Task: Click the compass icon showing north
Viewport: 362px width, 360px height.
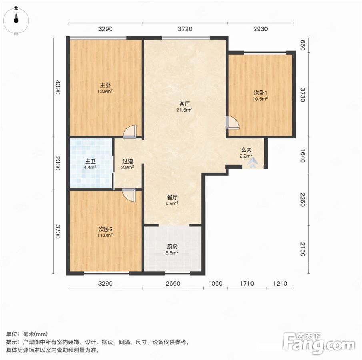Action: [x=16, y=20]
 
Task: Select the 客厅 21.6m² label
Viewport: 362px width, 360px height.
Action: [x=184, y=106]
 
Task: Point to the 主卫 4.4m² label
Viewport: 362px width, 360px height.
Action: [x=90, y=164]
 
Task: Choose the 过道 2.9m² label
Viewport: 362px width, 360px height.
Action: [x=128, y=164]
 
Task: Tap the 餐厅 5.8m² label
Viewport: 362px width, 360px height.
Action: [x=172, y=200]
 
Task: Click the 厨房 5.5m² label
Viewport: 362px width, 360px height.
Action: [x=172, y=250]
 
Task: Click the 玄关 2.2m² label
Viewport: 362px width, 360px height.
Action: [x=246, y=153]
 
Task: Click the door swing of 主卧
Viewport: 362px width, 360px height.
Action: [x=130, y=132]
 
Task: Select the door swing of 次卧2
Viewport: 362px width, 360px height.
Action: [x=129, y=195]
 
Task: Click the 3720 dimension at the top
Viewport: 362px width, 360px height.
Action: [x=185, y=29]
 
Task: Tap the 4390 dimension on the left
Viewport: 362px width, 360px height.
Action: [x=58, y=87]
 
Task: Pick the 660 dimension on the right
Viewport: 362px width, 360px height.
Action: [x=303, y=45]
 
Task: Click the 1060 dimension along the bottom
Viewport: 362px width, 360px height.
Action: [x=215, y=283]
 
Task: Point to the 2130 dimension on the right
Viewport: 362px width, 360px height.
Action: [x=303, y=249]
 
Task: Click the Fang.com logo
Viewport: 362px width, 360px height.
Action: [x=319, y=343]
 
